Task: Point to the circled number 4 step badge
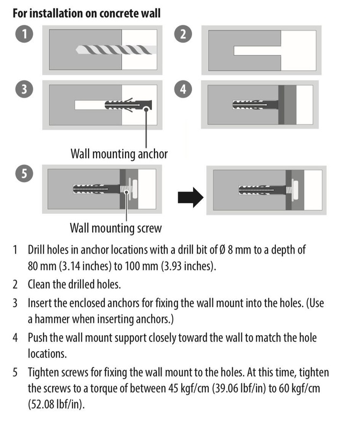tap(184, 90)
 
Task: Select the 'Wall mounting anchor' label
tap(119, 154)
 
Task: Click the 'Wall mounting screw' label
tap(115, 228)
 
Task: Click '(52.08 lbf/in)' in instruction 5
tap(57, 404)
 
